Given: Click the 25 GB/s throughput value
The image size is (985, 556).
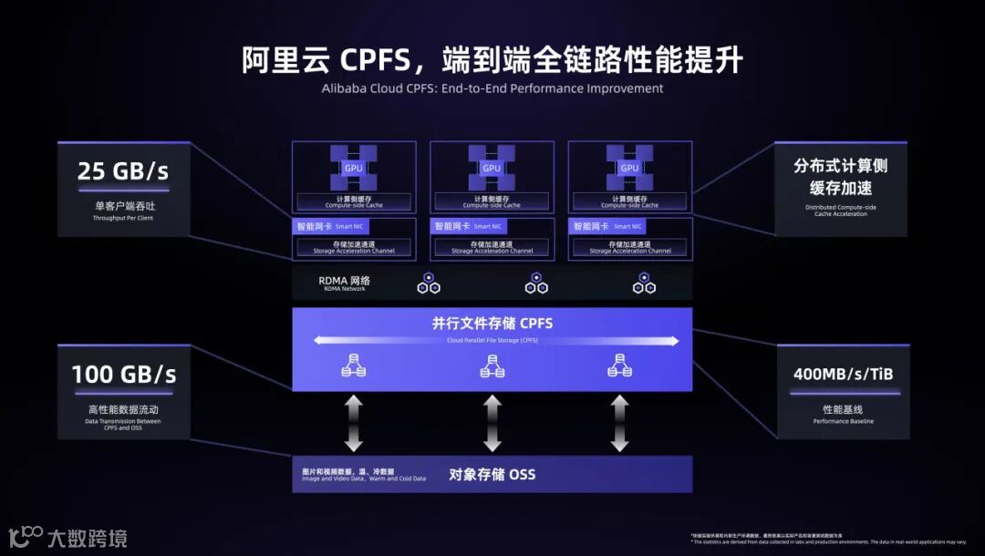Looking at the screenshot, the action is point(123,171).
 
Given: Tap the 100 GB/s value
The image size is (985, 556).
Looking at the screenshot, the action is point(124,374).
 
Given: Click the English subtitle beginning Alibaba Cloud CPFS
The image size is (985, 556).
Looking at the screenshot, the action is point(493,88).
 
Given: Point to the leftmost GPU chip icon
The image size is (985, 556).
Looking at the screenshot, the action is point(353,168).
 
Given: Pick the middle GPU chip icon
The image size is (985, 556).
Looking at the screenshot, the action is point(492,168).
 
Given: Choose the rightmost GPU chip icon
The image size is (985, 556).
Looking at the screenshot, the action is point(629,168).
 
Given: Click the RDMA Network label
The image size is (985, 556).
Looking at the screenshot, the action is point(344,283).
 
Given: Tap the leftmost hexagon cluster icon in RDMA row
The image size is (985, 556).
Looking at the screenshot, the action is point(429,283).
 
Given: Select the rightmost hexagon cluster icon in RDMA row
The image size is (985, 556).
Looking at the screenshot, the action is point(644,283).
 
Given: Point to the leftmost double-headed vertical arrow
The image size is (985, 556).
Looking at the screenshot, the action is point(354,423).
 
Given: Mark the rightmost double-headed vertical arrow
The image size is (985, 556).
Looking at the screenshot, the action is point(620,423).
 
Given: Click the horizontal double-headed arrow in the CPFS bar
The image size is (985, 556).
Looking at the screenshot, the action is point(496,341).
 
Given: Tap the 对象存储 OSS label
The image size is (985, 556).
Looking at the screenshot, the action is point(493,474).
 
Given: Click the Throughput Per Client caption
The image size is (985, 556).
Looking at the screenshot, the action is point(123,219).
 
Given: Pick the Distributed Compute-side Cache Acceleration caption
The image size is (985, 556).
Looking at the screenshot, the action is point(840,211).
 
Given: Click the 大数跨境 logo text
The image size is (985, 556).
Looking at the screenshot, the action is point(87,538).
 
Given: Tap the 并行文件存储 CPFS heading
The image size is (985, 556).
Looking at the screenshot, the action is point(493,323).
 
